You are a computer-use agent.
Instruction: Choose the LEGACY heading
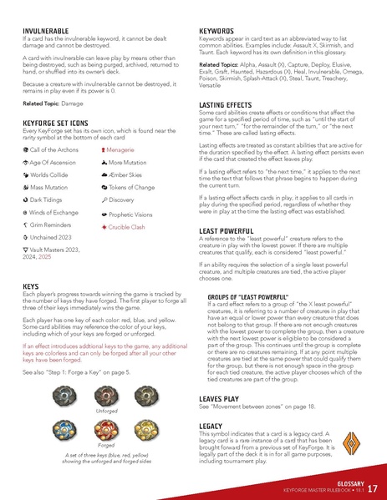211,426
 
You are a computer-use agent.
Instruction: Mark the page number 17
372,488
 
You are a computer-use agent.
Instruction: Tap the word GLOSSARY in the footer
344,482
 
